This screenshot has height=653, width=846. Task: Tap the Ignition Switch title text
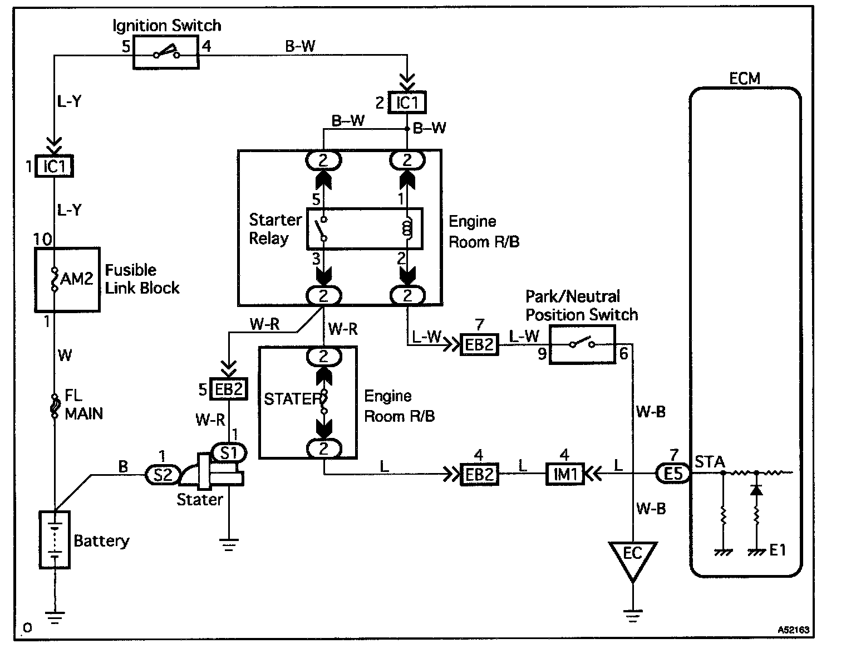167,26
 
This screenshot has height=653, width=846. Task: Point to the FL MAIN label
83,405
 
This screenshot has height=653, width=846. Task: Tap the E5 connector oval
673,474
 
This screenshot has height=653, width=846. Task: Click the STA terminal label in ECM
710,462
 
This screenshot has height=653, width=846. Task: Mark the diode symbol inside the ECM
756,490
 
